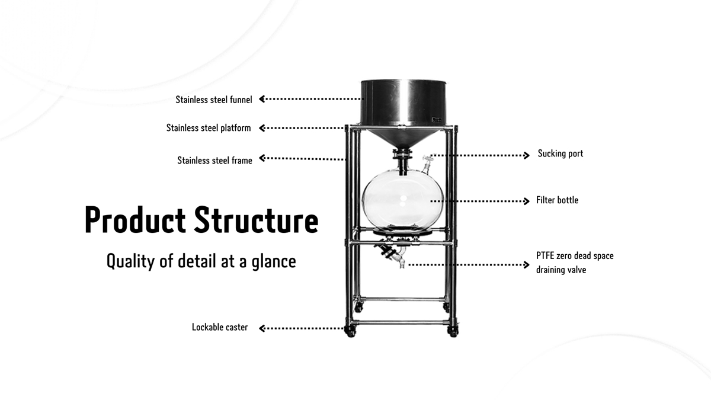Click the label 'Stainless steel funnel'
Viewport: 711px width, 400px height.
(x=214, y=100)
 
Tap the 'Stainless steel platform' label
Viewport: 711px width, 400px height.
(x=209, y=128)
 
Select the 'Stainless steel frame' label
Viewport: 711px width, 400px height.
(x=214, y=160)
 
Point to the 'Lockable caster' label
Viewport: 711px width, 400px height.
(x=220, y=327)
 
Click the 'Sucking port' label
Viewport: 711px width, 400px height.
(x=561, y=153)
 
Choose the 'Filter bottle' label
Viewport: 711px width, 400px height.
(x=557, y=200)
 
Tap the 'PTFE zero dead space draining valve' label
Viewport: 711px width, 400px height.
(x=575, y=263)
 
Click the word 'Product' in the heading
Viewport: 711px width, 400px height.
(x=135, y=219)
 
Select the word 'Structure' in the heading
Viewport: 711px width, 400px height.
(x=257, y=219)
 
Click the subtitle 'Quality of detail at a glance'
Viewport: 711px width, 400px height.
(x=201, y=261)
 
